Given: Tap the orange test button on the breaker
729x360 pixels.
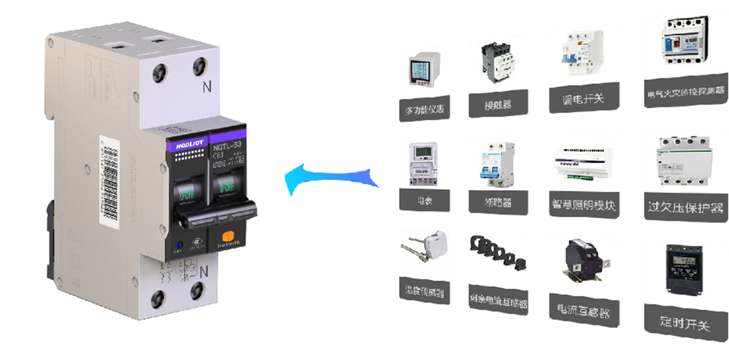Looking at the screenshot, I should pos(227,235).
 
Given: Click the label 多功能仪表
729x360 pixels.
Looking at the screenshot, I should pos(425,109).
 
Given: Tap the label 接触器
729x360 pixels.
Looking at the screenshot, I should pos(498,104).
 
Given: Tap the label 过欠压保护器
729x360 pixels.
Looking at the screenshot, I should pos(685,205).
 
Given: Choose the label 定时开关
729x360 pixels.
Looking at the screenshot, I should pos(685,322).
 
